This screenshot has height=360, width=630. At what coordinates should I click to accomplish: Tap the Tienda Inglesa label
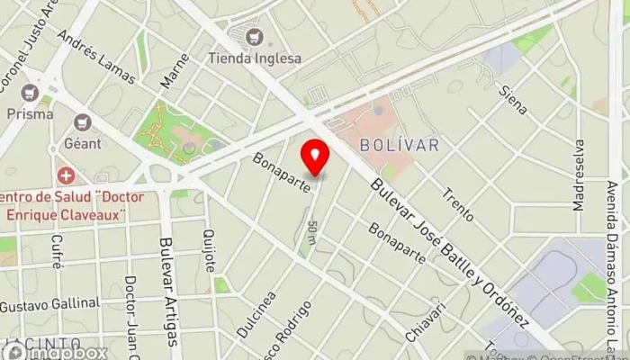click(255, 58)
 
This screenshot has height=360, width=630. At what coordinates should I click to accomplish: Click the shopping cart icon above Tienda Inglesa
click(255, 37)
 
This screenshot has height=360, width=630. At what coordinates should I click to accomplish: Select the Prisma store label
click(30, 114)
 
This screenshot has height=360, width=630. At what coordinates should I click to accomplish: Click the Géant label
click(82, 144)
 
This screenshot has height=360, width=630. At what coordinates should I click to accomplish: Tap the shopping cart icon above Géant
click(83, 121)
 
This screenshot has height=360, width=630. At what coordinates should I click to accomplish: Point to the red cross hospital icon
click(65, 174)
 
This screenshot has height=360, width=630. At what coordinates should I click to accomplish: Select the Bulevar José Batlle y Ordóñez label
click(449, 250)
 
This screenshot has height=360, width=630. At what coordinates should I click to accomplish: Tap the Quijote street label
click(211, 249)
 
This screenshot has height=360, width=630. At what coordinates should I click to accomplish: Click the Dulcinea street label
click(256, 316)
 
